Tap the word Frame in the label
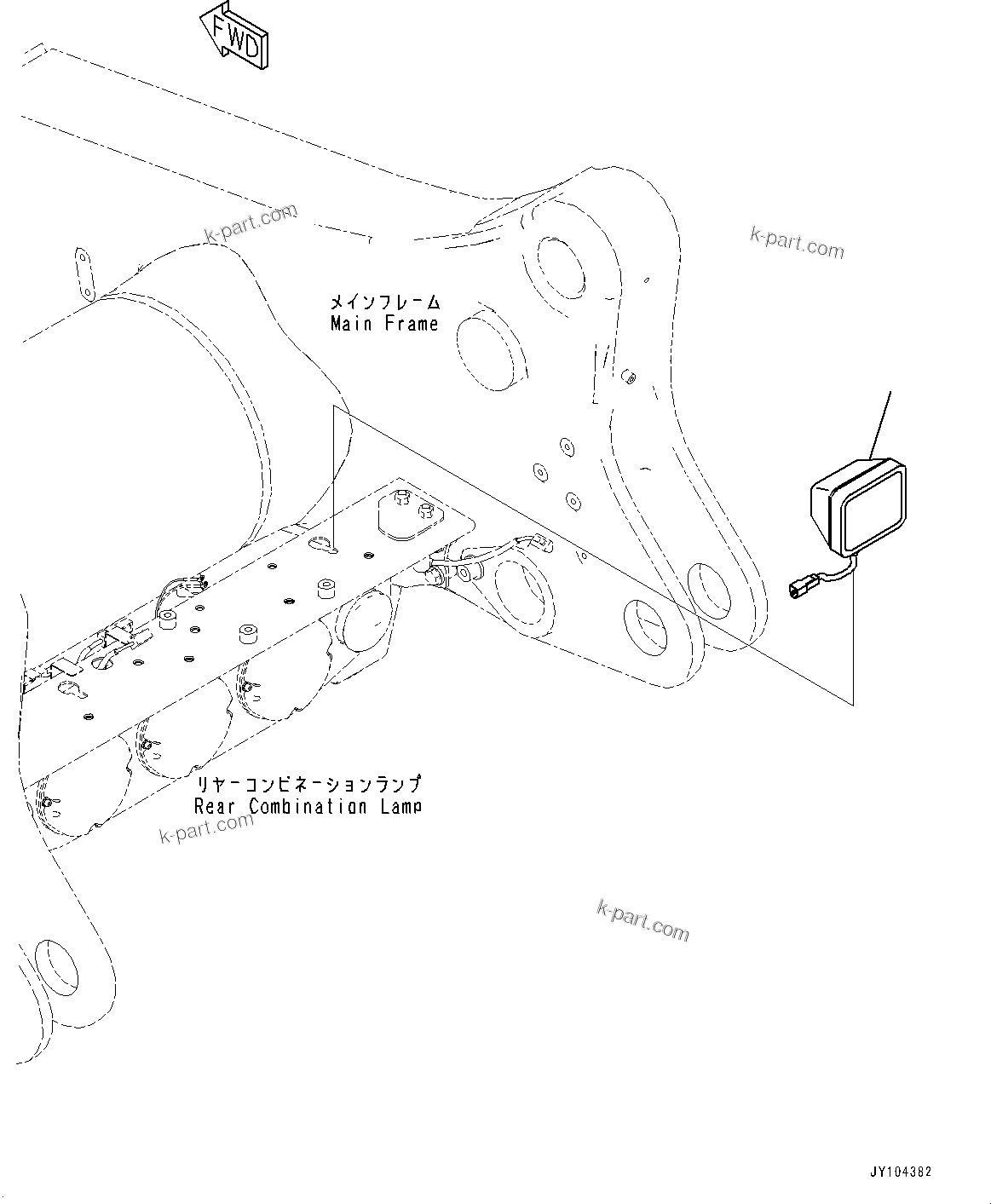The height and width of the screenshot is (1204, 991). click(411, 324)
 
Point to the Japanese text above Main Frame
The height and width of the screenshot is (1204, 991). click(385, 302)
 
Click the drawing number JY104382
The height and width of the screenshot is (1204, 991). click(901, 1172)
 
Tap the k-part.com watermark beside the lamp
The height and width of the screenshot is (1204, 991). click(796, 242)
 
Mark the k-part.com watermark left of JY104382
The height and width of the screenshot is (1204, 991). click(642, 922)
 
